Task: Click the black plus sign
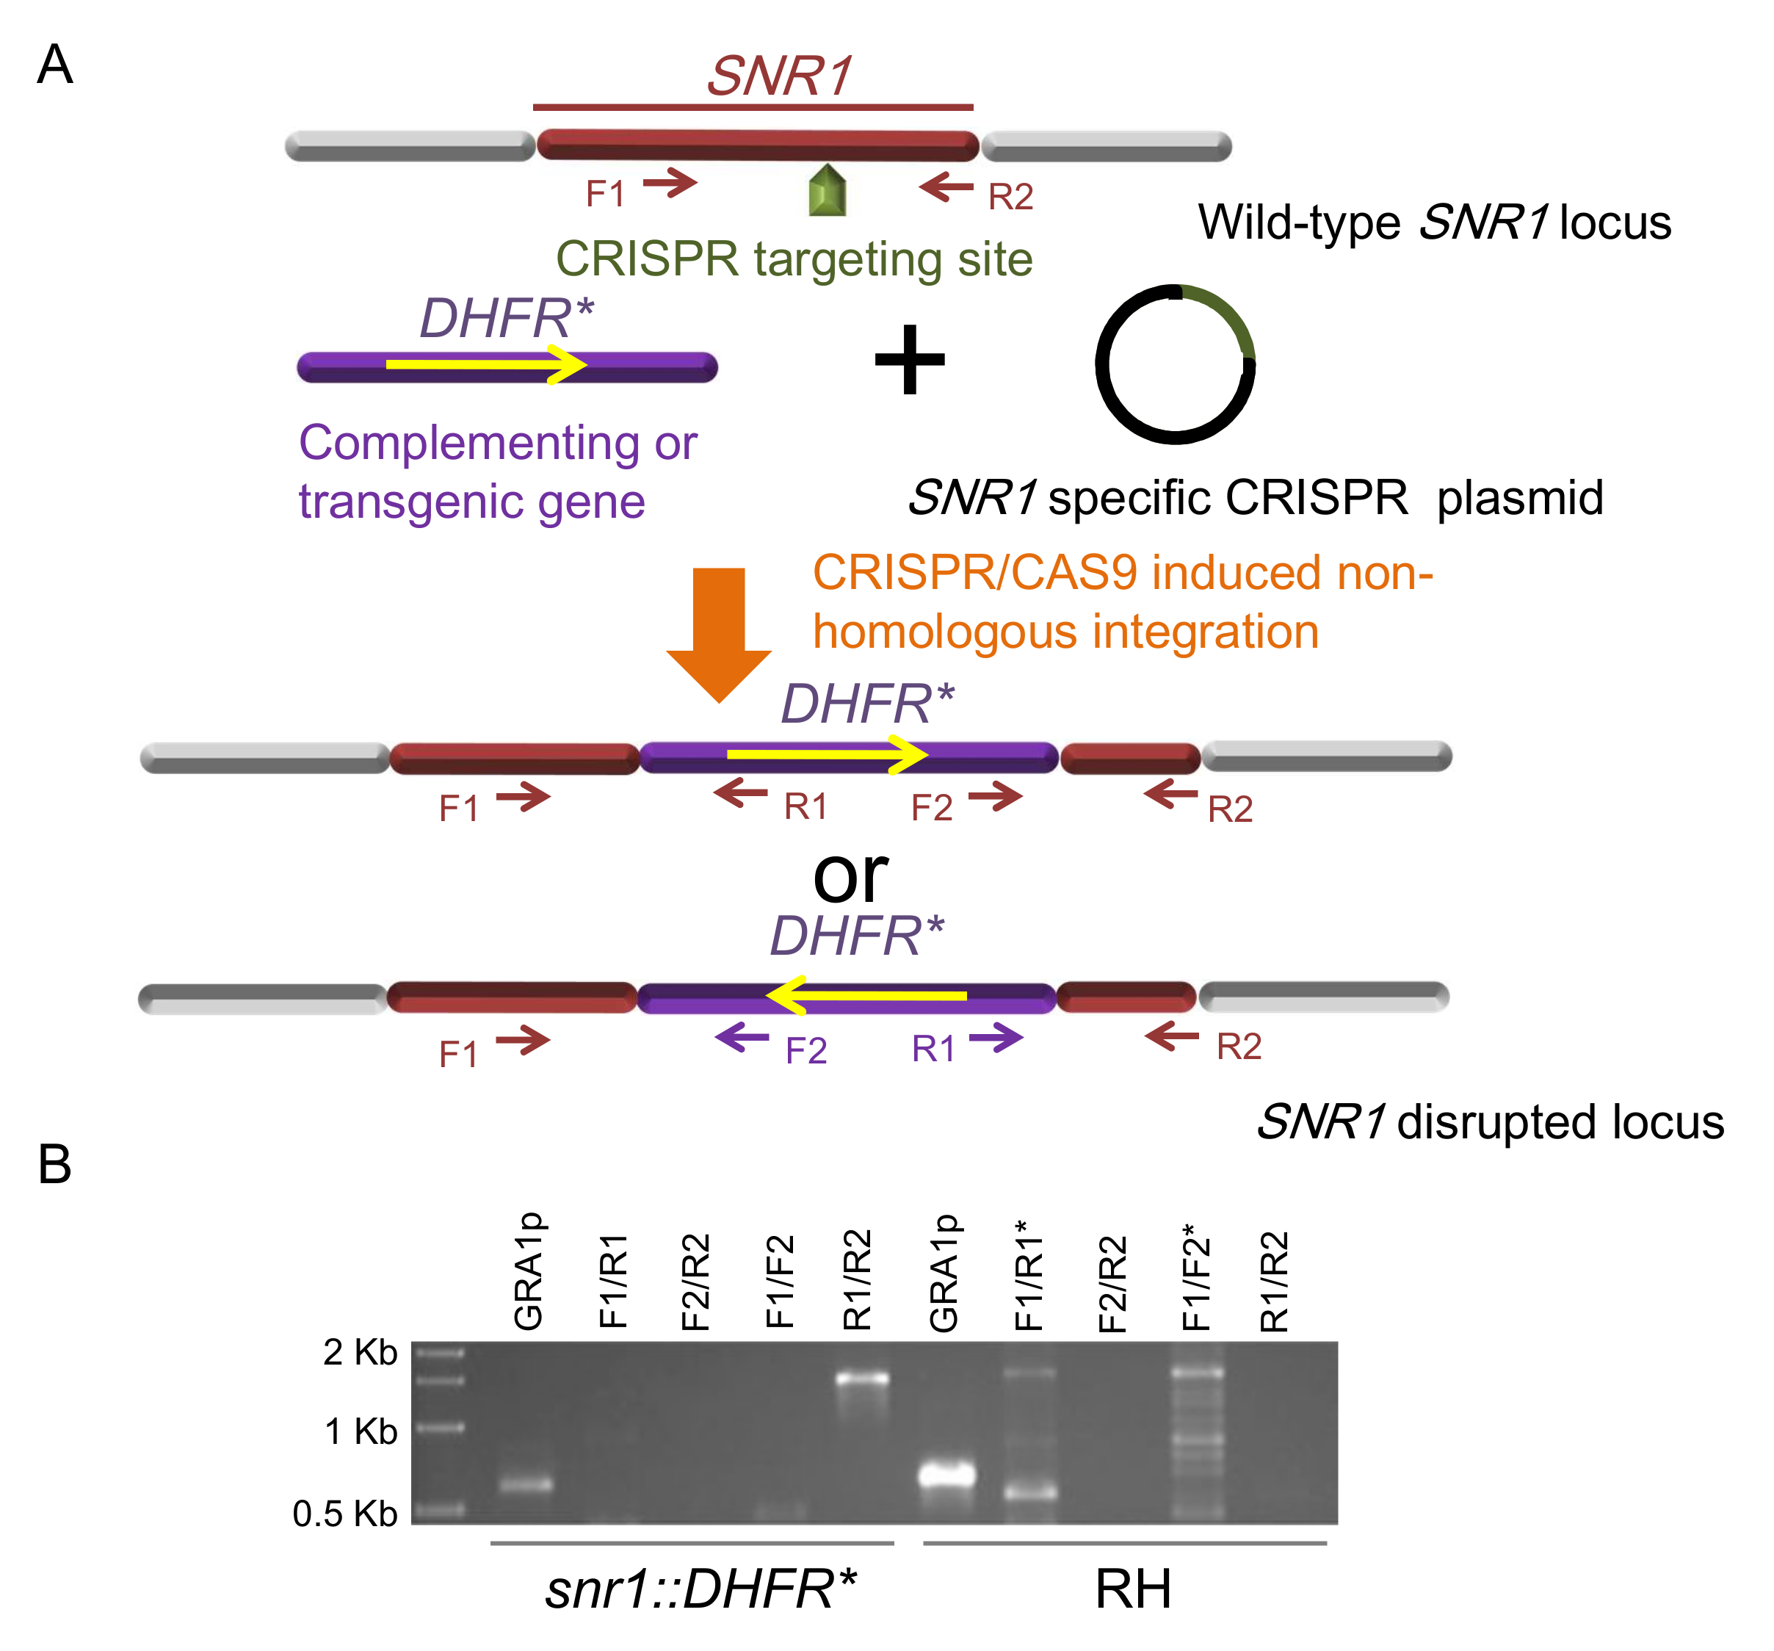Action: (x=909, y=360)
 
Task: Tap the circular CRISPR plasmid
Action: (x=1176, y=364)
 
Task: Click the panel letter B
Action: (x=54, y=1165)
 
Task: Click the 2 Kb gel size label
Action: (x=360, y=1352)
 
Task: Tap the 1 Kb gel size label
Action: (x=361, y=1431)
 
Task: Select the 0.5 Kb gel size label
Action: (x=344, y=1514)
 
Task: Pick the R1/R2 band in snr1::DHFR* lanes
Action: (x=862, y=1378)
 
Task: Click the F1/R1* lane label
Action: (x=1028, y=1276)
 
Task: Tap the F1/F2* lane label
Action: (x=1195, y=1276)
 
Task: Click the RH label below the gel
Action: (x=1132, y=1589)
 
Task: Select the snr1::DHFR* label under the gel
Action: (x=700, y=1589)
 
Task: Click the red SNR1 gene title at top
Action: (x=779, y=76)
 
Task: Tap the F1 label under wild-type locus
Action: (x=605, y=194)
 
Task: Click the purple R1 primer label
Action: (x=933, y=1049)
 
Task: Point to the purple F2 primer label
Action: (x=805, y=1050)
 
